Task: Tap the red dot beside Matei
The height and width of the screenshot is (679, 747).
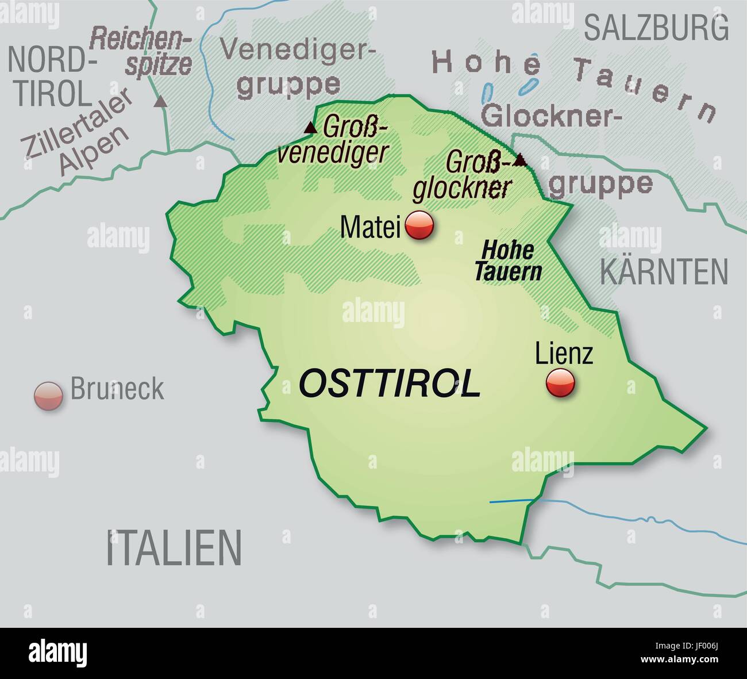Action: coord(419,225)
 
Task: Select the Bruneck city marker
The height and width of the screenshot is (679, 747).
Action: coord(48,396)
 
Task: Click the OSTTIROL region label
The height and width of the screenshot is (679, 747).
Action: coord(390,383)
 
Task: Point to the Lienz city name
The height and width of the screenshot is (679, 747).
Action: coord(563,354)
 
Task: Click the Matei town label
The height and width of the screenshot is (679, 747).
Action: coord(369,227)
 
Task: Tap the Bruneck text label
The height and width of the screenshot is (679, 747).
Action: coord(117,389)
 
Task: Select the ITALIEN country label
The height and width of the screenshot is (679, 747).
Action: coord(174,548)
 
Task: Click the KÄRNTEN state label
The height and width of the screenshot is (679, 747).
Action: coord(664,272)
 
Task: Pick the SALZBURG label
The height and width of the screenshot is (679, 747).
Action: coord(656,28)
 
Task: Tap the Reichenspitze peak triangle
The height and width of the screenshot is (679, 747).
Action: coord(161,102)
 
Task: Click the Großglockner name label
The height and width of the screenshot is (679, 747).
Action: coord(463,175)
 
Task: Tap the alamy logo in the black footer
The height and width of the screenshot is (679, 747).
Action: coord(58,653)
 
